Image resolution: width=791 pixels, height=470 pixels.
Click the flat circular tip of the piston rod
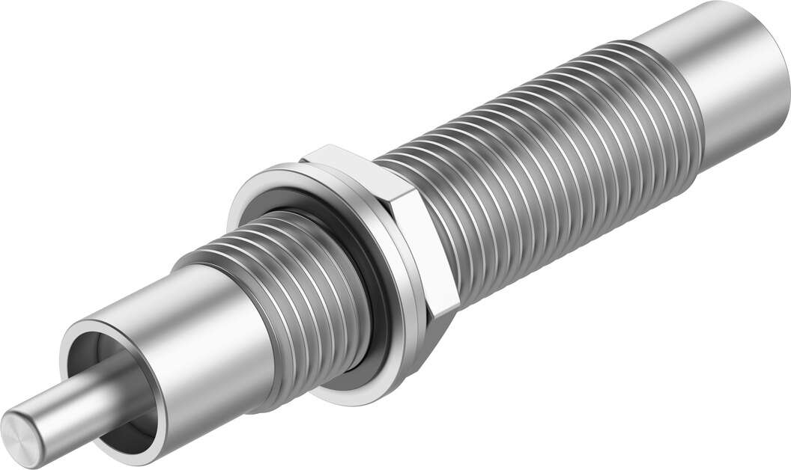coord(22,430)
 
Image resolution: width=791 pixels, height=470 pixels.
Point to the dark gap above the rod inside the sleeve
coord(94,352)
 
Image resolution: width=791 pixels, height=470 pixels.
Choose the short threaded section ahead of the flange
coord(315,299)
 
